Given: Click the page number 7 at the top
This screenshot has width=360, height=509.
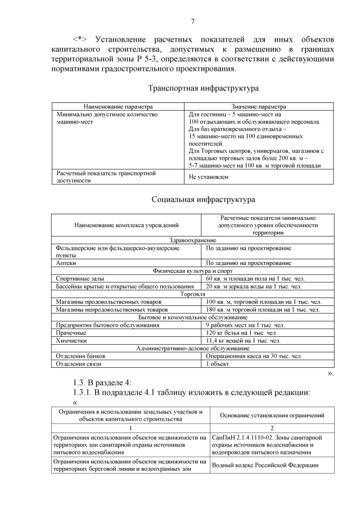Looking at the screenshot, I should (x=192, y=22).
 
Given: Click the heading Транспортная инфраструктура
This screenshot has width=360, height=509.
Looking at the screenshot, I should (x=203, y=88).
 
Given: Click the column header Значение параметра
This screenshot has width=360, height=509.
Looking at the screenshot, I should (x=258, y=106).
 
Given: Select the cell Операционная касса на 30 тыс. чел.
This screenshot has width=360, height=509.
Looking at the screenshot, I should (x=254, y=356).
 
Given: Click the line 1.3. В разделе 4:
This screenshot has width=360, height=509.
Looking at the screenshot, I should (x=98, y=383).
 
